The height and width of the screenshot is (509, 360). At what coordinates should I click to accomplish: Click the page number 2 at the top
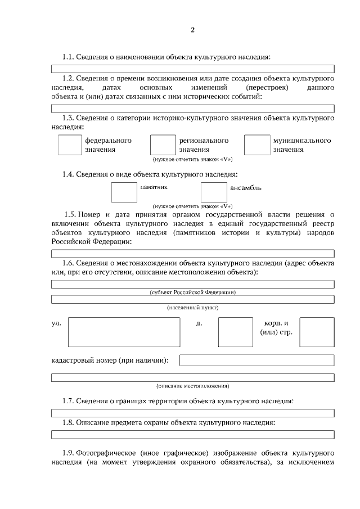(x=192, y=30)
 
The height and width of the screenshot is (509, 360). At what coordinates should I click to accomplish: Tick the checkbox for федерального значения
(x=70, y=145)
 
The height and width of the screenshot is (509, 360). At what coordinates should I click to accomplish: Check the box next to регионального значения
(x=163, y=145)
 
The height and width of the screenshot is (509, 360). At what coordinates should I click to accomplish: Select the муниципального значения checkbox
(x=257, y=145)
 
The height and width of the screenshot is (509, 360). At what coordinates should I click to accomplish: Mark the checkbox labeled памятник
(x=124, y=192)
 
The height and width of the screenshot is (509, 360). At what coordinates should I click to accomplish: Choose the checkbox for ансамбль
(x=214, y=192)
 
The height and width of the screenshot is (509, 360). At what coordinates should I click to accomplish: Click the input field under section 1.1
(x=192, y=69)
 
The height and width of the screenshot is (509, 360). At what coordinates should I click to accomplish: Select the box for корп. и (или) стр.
(x=317, y=332)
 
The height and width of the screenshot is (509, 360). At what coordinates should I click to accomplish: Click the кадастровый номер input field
(x=256, y=360)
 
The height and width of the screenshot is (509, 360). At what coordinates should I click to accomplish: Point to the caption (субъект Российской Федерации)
(x=192, y=292)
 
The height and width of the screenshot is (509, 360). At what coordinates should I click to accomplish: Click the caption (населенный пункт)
(x=192, y=308)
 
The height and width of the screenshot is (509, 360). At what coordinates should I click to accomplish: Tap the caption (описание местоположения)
(x=192, y=386)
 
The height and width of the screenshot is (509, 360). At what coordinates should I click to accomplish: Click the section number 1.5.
(x=70, y=214)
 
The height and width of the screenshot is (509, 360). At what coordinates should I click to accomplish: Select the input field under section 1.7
(x=192, y=412)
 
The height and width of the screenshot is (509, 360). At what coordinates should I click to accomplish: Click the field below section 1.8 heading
(x=192, y=434)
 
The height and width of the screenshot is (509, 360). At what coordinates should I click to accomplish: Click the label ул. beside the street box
(x=56, y=324)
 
